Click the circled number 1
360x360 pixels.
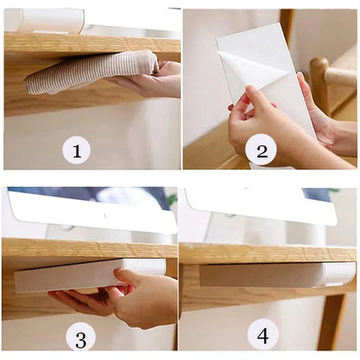[x=76, y=151]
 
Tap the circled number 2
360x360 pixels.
[x=260, y=151]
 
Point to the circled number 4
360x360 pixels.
[x=262, y=333]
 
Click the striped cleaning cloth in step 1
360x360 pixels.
[x=87, y=72]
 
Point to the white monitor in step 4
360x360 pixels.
[x=260, y=206]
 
